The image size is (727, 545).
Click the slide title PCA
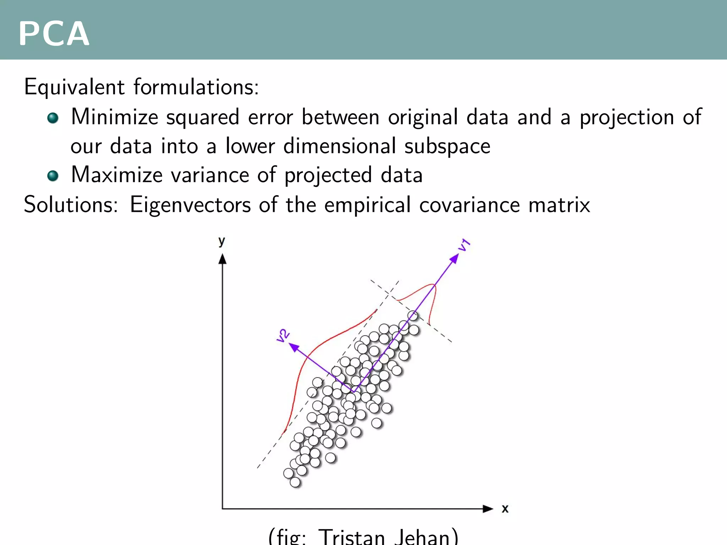(54, 34)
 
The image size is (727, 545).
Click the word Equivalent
(74, 87)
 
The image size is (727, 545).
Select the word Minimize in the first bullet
(114, 117)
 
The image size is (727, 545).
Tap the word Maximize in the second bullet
(116, 175)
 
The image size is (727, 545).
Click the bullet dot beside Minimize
(53, 118)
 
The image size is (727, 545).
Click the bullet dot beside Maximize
(53, 176)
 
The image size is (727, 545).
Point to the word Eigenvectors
(190, 205)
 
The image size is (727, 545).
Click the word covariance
(469, 205)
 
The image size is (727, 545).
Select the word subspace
(447, 146)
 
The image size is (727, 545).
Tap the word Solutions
(70, 205)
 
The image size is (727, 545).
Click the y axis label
(222, 241)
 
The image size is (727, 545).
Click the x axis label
(505, 509)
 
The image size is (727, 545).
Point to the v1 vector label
(464, 245)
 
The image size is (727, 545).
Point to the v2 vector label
(283, 335)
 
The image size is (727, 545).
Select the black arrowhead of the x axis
(488, 509)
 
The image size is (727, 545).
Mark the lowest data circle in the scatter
(295, 482)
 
